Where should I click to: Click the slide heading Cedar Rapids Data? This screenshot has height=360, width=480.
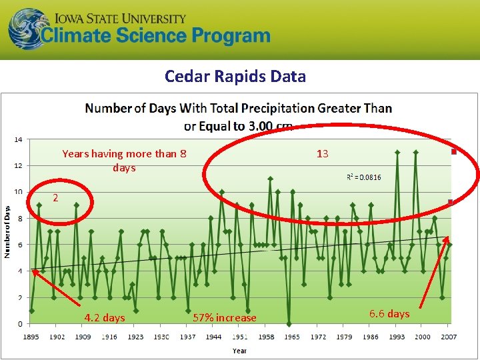(x=235, y=76)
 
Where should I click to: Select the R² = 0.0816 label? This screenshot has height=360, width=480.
(x=364, y=177)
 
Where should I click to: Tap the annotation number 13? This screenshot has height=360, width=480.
(x=322, y=154)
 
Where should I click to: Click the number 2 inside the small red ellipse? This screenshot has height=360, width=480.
(x=56, y=198)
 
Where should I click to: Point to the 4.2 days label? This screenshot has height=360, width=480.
(x=105, y=318)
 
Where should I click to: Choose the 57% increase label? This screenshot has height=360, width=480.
(x=224, y=318)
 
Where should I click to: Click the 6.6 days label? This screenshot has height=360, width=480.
(x=389, y=313)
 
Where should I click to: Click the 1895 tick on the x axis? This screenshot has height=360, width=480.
(x=31, y=337)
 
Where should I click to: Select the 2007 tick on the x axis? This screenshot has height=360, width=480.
(x=449, y=337)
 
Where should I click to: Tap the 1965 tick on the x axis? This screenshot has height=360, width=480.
(x=292, y=337)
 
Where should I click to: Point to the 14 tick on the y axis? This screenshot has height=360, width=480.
(x=18, y=139)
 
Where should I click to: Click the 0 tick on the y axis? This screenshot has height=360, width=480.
(x=19, y=324)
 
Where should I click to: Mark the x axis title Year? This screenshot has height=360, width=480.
(x=239, y=350)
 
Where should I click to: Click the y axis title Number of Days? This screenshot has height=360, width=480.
(x=8, y=232)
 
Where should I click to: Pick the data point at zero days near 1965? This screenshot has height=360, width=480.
(x=289, y=324)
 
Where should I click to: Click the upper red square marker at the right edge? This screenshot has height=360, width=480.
(x=454, y=152)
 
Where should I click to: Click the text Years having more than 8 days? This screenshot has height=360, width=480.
(x=124, y=161)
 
